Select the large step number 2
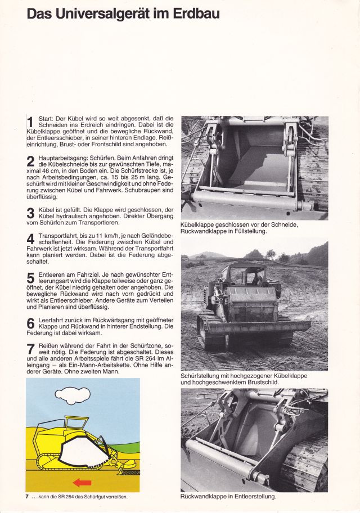30,162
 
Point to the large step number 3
30,213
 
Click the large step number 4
30,239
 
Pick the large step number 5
30,278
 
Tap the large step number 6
30,324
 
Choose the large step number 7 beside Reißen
30,349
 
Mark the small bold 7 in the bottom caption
27,497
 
